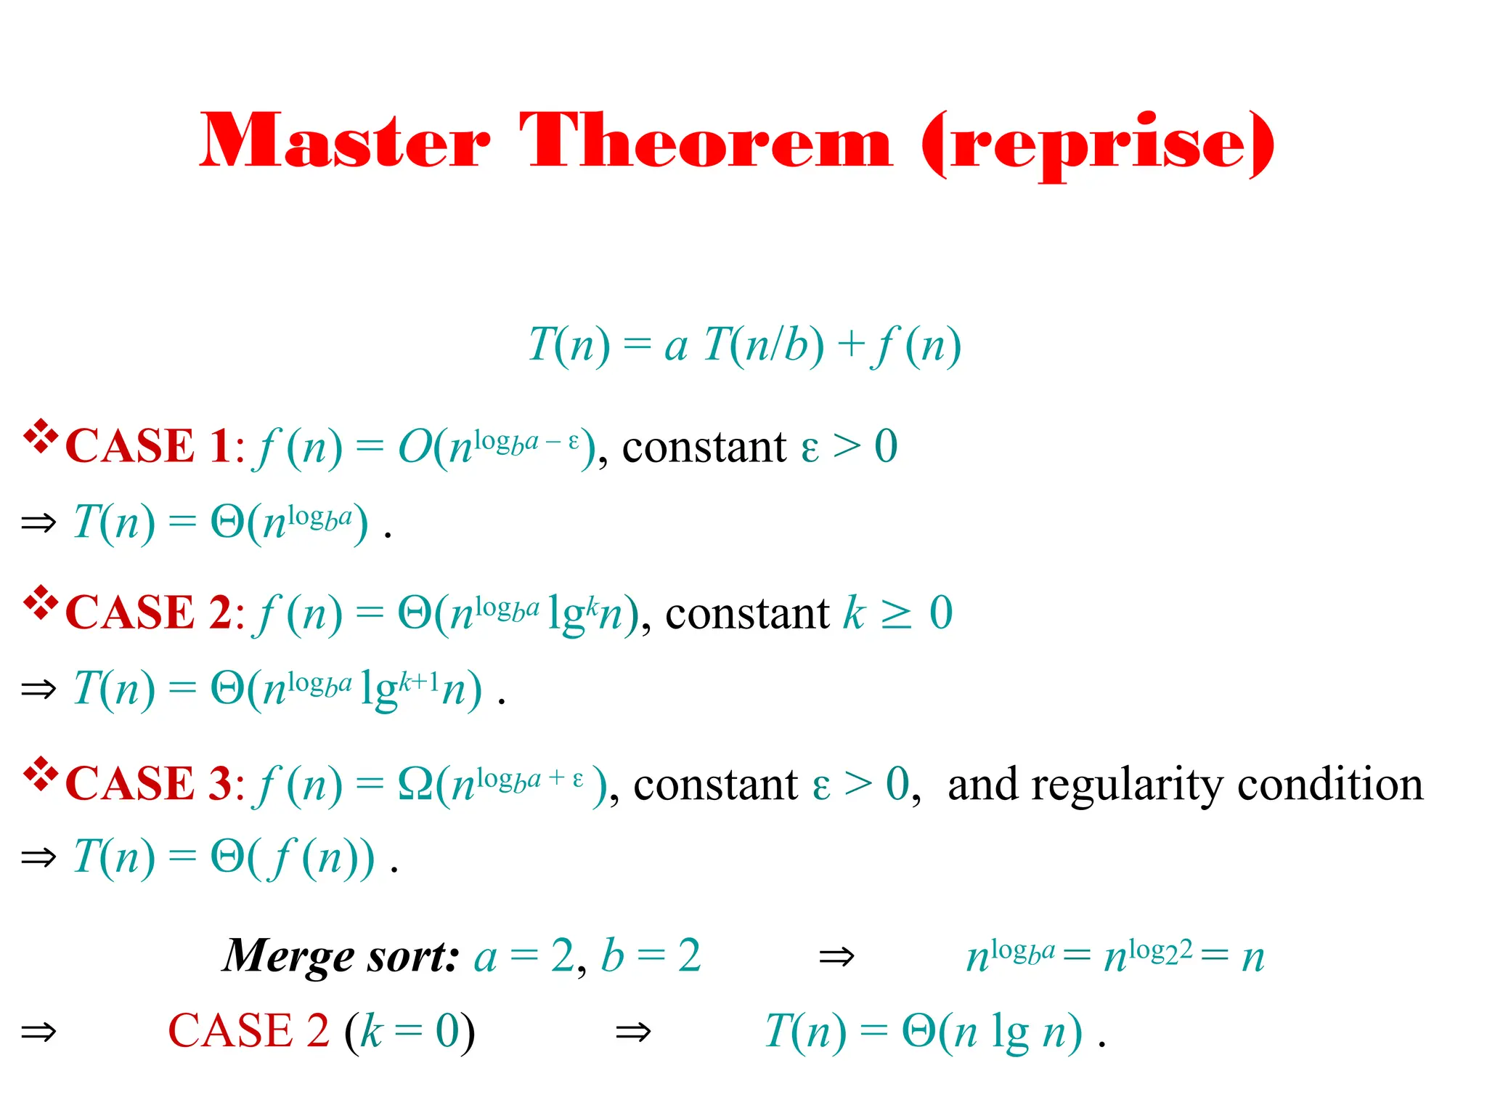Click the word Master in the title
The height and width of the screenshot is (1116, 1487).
346,141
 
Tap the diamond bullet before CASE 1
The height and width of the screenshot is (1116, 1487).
41,436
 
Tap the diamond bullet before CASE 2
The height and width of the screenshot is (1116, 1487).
41,602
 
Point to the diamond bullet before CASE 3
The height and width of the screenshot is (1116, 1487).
41,774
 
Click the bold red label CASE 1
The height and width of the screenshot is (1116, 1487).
148,445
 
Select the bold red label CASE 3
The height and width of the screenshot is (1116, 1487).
148,784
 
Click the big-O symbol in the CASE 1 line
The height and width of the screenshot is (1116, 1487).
415,446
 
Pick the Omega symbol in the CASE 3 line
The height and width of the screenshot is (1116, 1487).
416,784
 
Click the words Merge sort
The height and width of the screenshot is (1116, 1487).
341,956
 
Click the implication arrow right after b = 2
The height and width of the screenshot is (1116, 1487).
836,958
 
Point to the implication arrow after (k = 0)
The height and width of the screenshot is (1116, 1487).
633,1032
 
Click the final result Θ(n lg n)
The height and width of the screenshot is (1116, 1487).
992,1032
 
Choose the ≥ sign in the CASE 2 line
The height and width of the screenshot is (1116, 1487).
896,615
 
